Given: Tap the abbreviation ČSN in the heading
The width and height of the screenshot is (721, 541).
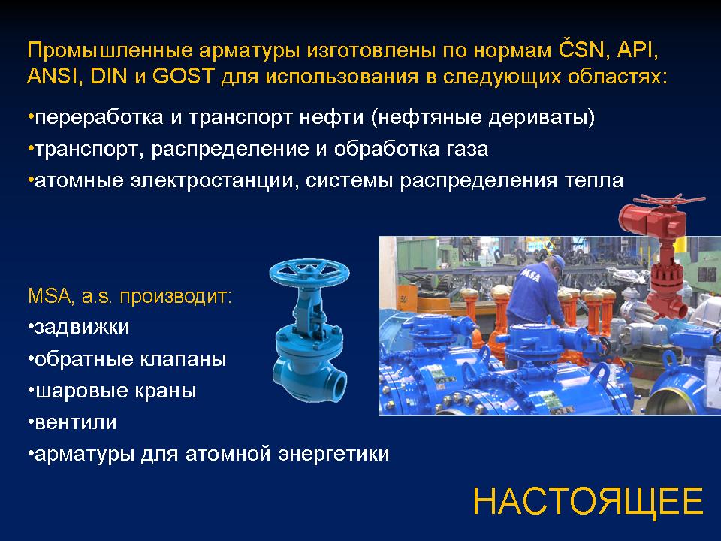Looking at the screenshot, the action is [581, 50].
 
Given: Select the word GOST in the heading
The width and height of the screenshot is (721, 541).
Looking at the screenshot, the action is [183, 76].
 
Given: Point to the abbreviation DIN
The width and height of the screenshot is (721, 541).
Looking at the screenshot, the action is [109, 76].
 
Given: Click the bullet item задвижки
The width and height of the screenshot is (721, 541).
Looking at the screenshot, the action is [79, 327].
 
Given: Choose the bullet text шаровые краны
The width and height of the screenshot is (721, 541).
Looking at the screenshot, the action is [112, 391].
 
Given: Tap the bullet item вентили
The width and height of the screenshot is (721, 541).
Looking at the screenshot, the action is [72, 422].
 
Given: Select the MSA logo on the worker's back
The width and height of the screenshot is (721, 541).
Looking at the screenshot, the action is [531, 276].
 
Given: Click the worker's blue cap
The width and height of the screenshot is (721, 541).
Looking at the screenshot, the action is [557, 263].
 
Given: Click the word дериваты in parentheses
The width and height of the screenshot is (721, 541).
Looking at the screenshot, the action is [539, 118].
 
